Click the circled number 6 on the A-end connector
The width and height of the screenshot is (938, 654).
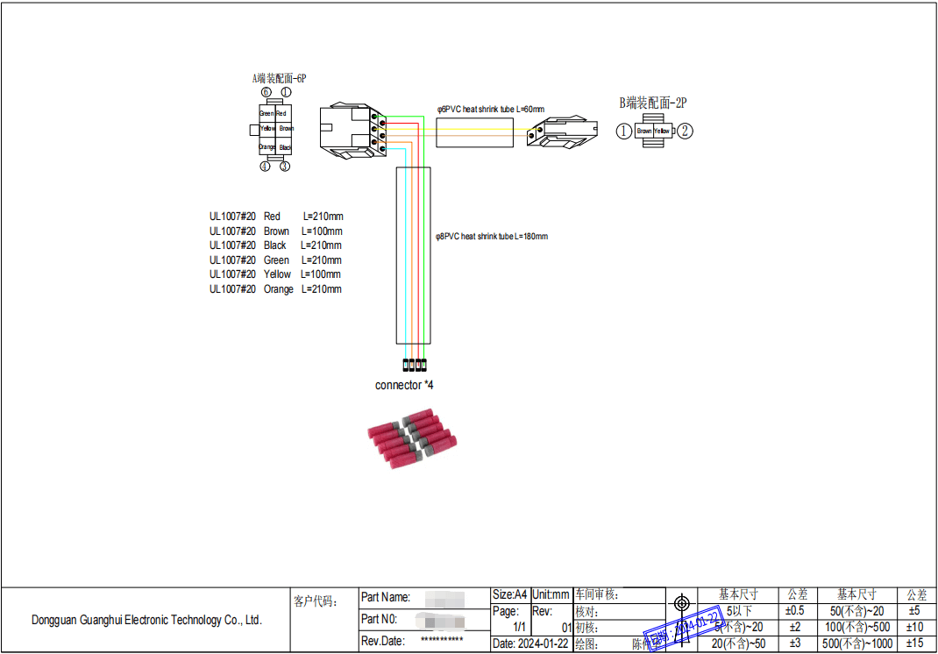(266, 92)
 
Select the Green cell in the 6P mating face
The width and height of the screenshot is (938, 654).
(266, 114)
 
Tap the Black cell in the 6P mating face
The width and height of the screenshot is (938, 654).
(285, 147)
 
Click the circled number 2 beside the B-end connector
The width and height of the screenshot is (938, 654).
(686, 132)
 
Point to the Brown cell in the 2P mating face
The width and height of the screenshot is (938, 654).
(644, 132)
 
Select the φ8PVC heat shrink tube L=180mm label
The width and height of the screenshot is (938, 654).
(492, 237)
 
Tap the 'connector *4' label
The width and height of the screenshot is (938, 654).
(404, 385)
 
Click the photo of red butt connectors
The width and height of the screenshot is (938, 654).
(411, 441)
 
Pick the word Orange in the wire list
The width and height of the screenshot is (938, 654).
(279, 289)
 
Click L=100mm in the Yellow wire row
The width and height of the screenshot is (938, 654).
(321, 274)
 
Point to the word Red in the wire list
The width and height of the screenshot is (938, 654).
(272, 217)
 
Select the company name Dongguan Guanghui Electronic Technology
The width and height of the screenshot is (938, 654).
(146, 620)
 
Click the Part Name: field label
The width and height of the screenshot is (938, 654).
(386, 597)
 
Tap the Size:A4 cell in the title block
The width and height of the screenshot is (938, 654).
(510, 595)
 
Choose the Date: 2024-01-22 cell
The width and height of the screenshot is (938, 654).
(531, 643)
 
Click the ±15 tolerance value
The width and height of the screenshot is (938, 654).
(915, 643)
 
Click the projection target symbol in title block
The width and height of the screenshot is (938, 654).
(682, 603)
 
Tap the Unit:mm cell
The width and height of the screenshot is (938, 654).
(551, 595)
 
